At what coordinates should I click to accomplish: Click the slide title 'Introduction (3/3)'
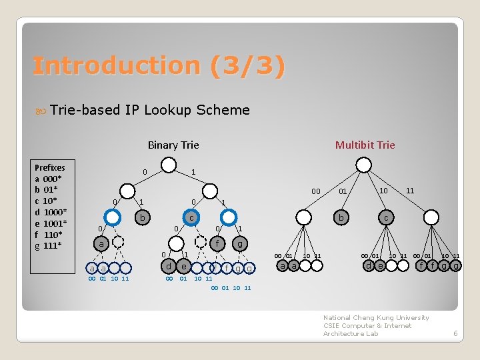pos(159,66)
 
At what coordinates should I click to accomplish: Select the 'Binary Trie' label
pos(173,145)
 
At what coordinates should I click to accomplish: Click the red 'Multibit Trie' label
pos(365,145)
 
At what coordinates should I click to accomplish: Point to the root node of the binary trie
pos(169,165)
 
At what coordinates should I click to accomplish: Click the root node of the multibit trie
pos(364,165)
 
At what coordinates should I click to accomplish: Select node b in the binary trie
pos(141,217)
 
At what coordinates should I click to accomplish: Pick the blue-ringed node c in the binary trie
pos(191,217)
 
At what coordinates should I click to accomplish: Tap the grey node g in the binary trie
pos(239,244)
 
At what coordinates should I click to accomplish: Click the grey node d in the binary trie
pos(169,266)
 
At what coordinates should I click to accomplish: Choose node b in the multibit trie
pos(341,217)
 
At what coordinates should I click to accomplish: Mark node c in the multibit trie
pos(386,217)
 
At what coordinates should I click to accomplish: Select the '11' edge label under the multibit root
pos(410,191)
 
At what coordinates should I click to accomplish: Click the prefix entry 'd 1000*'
pos(49,212)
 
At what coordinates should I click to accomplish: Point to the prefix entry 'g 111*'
pos(48,245)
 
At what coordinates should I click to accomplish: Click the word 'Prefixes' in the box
pos(50,167)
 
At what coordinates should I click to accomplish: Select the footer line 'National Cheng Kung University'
pos(376,318)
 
